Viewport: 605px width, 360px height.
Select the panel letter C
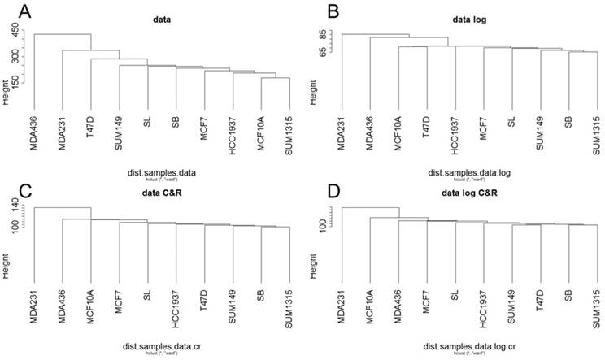[x=11, y=191]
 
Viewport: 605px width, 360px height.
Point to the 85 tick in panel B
[x=324, y=36]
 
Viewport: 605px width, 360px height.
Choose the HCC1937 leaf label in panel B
[x=455, y=132]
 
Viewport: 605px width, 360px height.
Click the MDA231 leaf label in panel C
[x=34, y=308]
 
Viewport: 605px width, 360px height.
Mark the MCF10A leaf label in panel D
[x=370, y=308]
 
